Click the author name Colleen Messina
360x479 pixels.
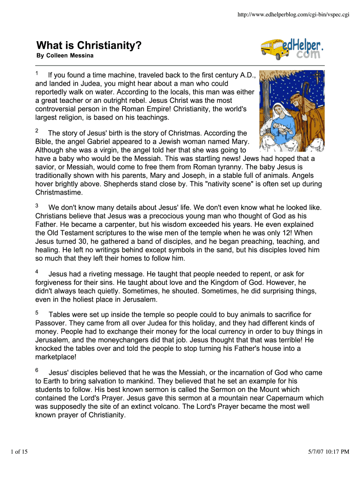pos(65,56)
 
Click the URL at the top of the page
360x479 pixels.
pos(294,15)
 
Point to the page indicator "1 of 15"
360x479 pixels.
pos(19,451)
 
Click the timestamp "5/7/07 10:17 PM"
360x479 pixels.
pos(329,451)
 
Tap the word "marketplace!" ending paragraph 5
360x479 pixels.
pos(55,357)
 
